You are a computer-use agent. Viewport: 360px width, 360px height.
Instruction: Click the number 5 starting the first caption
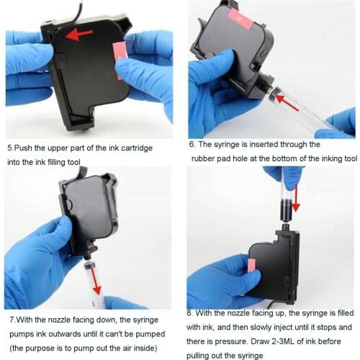click(10, 148)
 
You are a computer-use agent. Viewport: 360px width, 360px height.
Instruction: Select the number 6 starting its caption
click(193, 144)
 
